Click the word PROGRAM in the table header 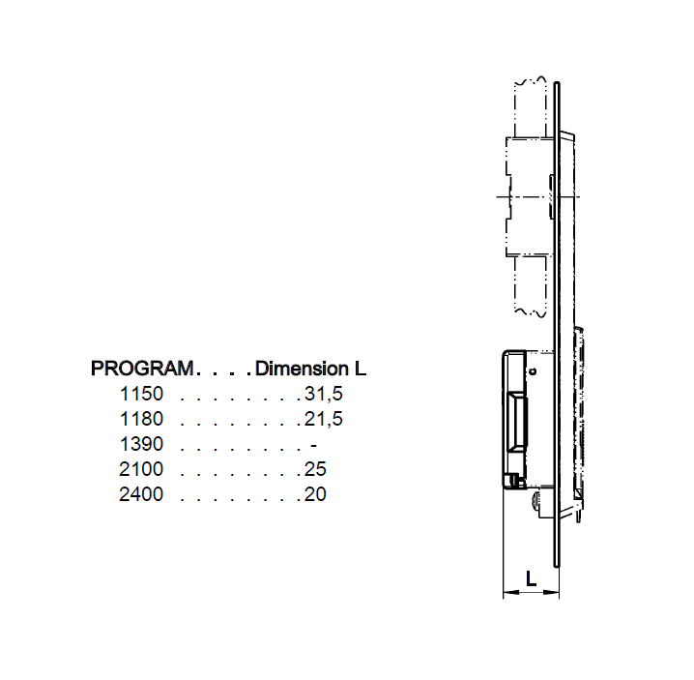coord(141,369)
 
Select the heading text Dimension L coord(310,369)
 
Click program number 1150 coord(141,394)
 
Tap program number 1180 coord(141,419)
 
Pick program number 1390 coord(141,444)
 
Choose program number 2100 coord(141,469)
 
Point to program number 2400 coord(141,494)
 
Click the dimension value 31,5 coord(324,394)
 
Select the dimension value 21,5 coord(324,419)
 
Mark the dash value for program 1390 coord(313,444)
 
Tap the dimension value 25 coord(315,469)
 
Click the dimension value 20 coord(315,494)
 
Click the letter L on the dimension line coord(532,579)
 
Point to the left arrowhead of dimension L coord(508,594)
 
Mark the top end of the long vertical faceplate coord(558,85)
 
